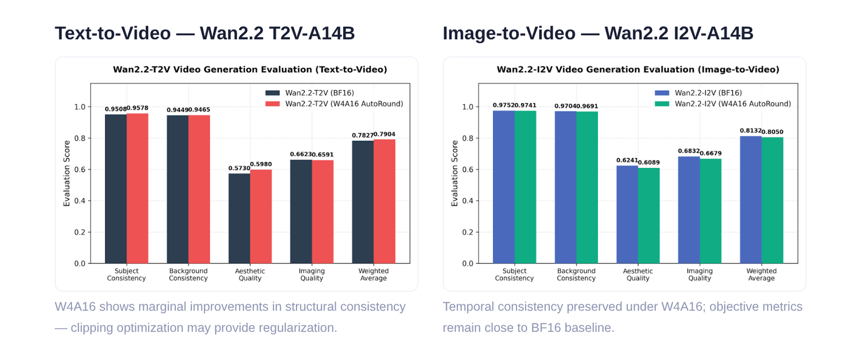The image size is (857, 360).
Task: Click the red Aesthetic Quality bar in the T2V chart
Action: [x=261, y=216]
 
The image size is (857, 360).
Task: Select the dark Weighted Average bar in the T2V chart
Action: [x=363, y=202]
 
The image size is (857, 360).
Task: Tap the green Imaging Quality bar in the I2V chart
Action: [x=711, y=211]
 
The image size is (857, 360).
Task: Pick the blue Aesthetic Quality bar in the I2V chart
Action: [x=627, y=214]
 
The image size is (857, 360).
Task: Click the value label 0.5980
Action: [x=261, y=164]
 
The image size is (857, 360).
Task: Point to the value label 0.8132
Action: [x=751, y=130]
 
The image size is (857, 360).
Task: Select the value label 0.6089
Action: [x=649, y=162]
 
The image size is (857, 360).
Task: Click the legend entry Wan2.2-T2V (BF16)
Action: [x=309, y=93]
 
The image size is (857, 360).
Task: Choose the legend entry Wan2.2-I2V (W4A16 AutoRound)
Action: [x=722, y=104]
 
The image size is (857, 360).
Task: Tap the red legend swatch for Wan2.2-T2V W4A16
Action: [x=272, y=104]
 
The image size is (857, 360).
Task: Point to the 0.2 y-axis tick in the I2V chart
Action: [x=468, y=232]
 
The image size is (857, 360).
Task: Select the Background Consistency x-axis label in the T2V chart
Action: [x=188, y=274]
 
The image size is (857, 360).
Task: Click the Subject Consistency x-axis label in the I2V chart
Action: [x=514, y=274]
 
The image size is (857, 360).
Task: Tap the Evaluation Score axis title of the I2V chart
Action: [x=455, y=173]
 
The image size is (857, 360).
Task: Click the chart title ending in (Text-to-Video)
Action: [x=250, y=69]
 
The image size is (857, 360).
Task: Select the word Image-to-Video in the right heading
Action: [x=509, y=33]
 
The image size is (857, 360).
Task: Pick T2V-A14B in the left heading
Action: [x=312, y=33]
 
